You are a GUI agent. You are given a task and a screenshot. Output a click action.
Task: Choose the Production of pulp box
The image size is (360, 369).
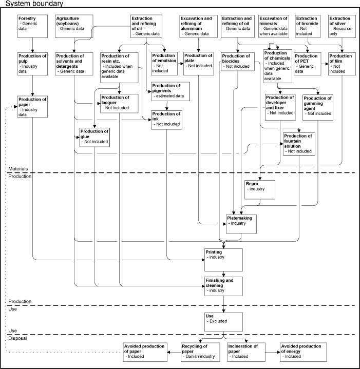tap(32, 64)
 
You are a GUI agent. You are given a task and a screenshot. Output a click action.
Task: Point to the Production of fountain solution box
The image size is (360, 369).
tap(298, 144)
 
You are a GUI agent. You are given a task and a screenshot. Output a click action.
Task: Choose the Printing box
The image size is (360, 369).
tap(223, 260)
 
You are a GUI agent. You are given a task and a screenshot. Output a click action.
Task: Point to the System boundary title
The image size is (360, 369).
tap(34, 4)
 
